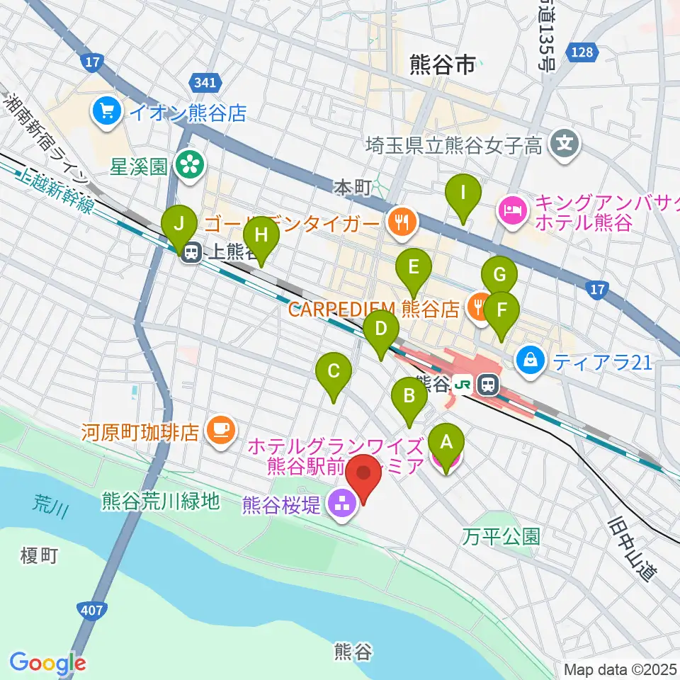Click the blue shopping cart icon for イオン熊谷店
[x=108, y=110]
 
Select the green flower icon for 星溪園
[x=189, y=166]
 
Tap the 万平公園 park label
[x=502, y=536]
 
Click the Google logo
[x=47, y=662]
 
